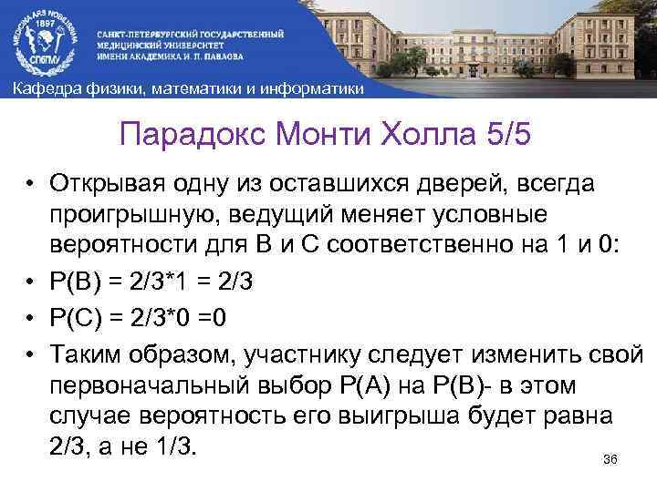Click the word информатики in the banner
(312, 88)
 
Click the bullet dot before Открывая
(30, 186)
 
